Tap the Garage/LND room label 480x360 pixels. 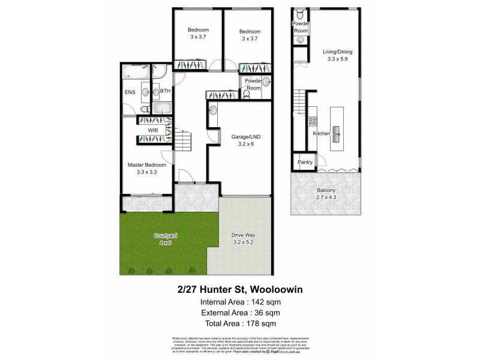click(x=243, y=137)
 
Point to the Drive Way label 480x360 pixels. click(x=243, y=235)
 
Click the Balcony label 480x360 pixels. click(x=326, y=191)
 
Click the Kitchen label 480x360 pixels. click(x=322, y=134)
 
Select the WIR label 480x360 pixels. click(x=152, y=130)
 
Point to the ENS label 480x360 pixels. click(x=130, y=92)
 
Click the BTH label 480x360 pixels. click(x=164, y=91)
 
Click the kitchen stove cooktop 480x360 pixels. click(x=312, y=121)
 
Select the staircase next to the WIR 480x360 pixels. click(x=183, y=142)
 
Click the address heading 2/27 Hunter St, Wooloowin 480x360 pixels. click(x=240, y=289)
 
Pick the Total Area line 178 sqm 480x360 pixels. click(x=268, y=323)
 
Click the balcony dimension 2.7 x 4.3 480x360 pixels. click(x=326, y=199)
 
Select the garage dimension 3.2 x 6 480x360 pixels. click(x=243, y=145)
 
